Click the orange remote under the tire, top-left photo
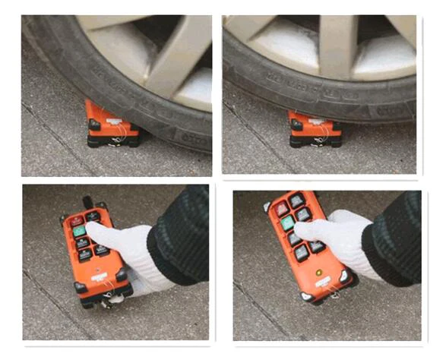tap(112, 125)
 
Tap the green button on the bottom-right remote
tap(287, 224)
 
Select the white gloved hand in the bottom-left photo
tap(122, 251)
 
